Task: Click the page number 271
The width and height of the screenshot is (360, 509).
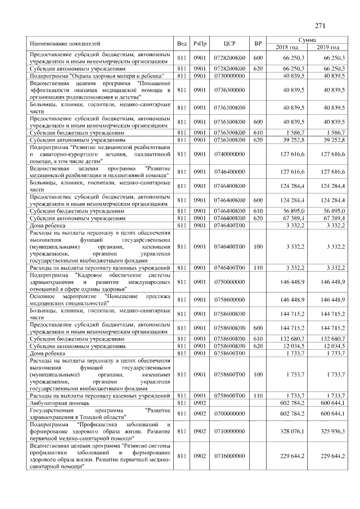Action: click(x=321, y=25)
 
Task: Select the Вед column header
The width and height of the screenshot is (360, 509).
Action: click(x=182, y=43)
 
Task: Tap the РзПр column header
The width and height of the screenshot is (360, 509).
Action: click(x=200, y=43)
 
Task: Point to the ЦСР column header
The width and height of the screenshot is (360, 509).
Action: click(x=229, y=43)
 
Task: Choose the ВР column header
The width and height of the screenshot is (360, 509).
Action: click(x=258, y=43)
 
